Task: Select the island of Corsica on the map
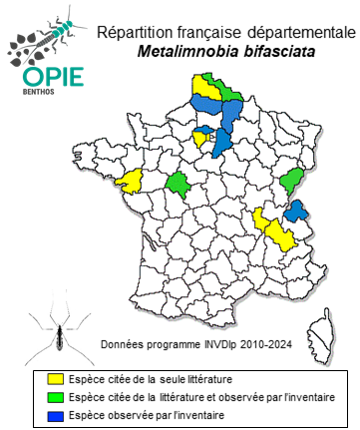point(322,326)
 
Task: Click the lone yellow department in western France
point(130,182)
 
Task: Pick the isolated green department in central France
point(180,184)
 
